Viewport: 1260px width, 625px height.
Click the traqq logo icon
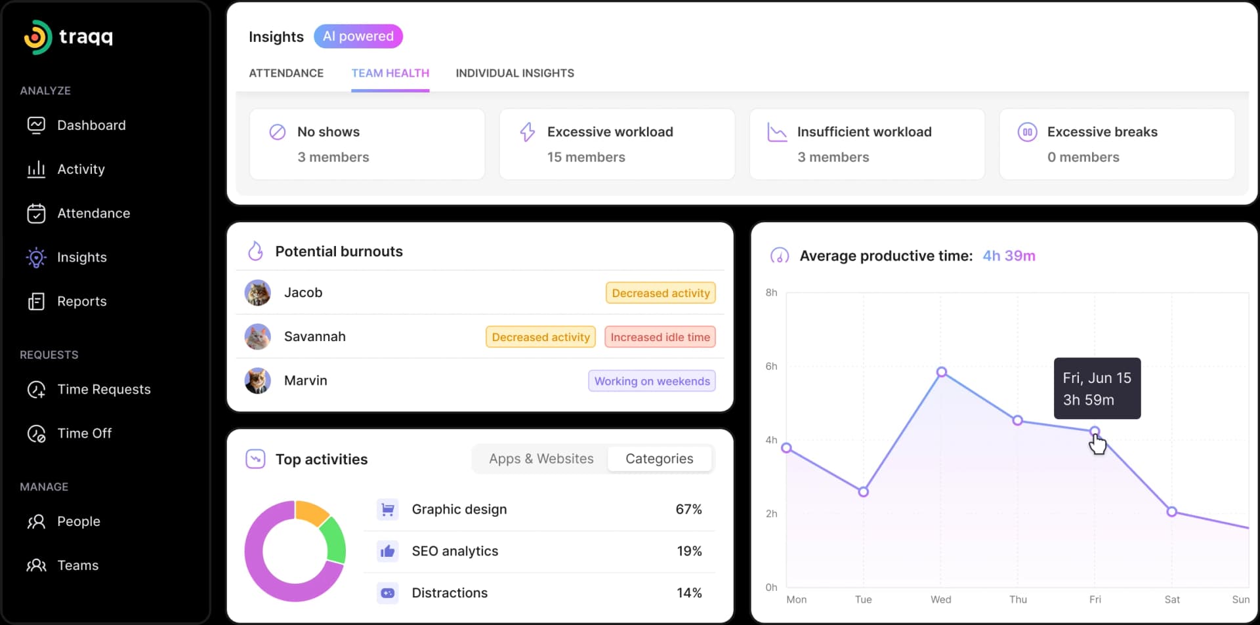coord(37,37)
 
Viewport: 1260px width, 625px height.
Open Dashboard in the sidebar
coord(91,125)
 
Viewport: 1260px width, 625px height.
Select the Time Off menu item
coord(84,433)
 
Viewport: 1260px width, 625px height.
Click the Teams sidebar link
coord(77,565)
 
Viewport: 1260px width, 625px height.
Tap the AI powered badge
coord(358,36)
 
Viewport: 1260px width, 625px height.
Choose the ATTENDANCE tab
coord(286,73)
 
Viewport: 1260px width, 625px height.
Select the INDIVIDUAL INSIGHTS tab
coord(514,73)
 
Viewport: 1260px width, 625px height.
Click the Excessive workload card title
coord(610,132)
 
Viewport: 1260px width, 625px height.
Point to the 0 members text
coord(1083,157)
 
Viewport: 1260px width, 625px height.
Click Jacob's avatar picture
coord(257,292)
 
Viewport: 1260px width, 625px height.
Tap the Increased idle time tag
coord(660,337)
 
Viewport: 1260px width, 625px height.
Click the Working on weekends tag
coord(652,381)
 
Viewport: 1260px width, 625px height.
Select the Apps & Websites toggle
coord(541,459)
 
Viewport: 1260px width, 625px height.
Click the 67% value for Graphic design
coord(688,510)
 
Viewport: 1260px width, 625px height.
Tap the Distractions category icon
coord(388,593)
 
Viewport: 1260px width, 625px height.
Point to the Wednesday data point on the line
coord(941,372)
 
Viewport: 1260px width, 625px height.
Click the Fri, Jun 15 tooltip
coord(1097,388)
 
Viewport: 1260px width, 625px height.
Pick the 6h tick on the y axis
coord(771,366)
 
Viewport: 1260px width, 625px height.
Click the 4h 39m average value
coord(1008,256)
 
